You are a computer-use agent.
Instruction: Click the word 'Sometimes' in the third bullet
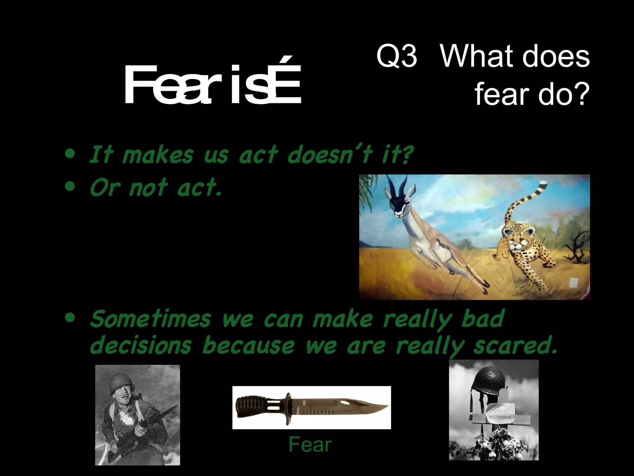(x=150, y=319)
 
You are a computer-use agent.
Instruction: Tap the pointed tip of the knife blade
(x=387, y=407)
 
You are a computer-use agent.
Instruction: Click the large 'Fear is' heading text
(x=212, y=85)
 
